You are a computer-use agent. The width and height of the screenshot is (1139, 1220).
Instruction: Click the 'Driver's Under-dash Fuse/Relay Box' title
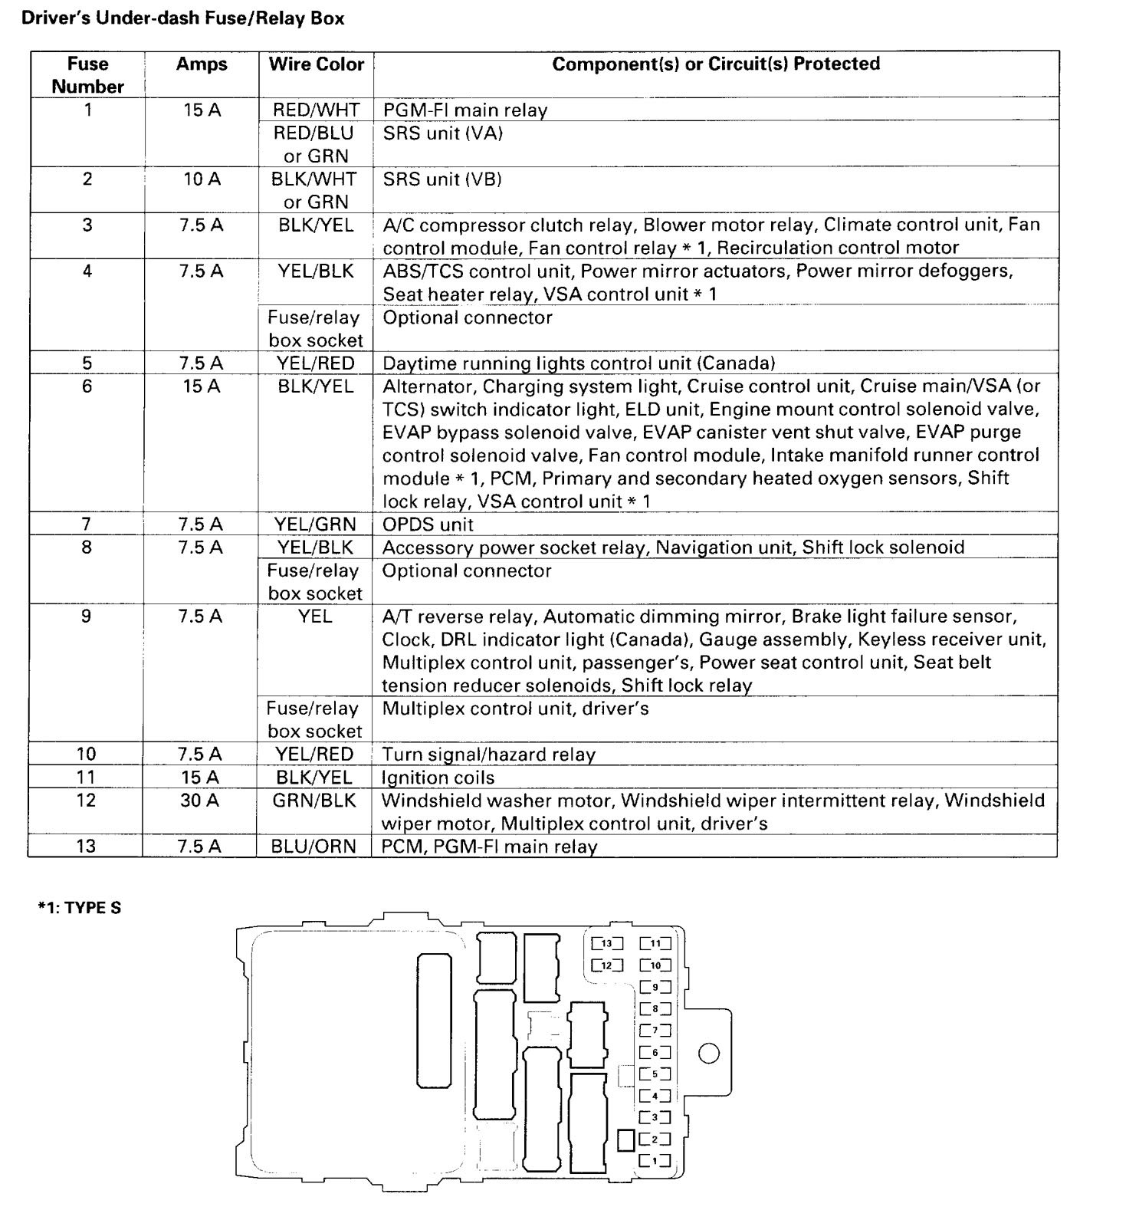pos(183,18)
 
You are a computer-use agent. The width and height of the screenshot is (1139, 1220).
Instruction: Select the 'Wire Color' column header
pos(316,64)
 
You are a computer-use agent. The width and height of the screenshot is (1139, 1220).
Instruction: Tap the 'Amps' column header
pos(202,64)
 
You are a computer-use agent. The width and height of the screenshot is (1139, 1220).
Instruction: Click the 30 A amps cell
pos(200,801)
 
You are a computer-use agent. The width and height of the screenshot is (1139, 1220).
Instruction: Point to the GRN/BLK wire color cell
pos(314,801)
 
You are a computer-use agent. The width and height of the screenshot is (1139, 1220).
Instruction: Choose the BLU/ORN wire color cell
pos(314,847)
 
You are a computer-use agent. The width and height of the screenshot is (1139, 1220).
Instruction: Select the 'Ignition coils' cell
pos(438,778)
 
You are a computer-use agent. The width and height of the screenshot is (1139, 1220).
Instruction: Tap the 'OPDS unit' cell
pos(428,525)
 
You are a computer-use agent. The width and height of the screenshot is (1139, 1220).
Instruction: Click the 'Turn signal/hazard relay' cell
pos(488,755)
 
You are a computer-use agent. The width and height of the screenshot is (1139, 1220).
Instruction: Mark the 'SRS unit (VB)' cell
pos(442,179)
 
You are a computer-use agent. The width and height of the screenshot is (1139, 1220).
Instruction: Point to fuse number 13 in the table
pos(87,847)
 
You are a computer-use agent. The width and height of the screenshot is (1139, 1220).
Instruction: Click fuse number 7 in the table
pos(87,525)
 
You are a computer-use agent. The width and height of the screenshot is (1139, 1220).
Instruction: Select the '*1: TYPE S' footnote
pos(80,909)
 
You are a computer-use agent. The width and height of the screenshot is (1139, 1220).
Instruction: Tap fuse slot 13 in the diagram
pos(607,944)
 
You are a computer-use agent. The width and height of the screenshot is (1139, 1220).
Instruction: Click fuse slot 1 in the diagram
pos(655,1161)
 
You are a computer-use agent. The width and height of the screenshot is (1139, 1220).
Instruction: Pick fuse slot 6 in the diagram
pos(655,1053)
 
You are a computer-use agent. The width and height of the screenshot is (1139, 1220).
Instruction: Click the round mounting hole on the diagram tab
pos(710,1054)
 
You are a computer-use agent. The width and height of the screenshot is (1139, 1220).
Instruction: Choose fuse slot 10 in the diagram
pos(656,965)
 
